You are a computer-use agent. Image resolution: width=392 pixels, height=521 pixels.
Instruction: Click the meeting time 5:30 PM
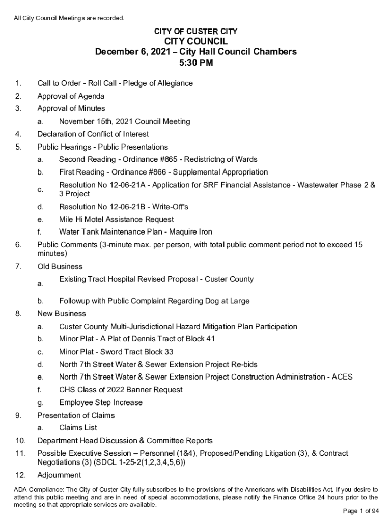(196, 63)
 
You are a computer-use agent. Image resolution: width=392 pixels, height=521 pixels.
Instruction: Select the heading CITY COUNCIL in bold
(196, 41)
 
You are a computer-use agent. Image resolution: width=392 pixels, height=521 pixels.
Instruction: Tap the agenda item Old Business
(60, 266)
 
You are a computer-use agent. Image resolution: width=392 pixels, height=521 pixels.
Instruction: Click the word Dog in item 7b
(206, 301)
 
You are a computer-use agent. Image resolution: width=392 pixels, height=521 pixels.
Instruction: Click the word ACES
(342, 377)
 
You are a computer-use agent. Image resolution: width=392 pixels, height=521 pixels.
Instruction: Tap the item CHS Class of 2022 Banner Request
(121, 390)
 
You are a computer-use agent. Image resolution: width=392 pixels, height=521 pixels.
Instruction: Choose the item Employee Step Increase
(101, 402)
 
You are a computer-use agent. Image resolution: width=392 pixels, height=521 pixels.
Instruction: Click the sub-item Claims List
(78, 427)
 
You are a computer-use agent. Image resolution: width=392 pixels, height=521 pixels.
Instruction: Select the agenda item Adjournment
(59, 475)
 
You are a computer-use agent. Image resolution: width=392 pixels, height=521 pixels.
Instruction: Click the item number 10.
(20, 440)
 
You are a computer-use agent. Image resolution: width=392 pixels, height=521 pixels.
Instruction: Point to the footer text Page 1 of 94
(361, 511)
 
